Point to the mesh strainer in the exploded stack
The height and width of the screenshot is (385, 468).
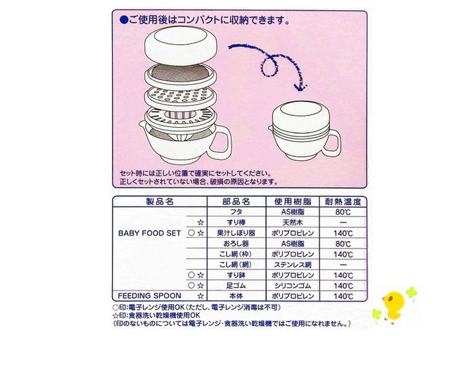point(180,76)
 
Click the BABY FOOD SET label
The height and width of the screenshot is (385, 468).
point(149,233)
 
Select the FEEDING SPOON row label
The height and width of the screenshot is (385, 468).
point(149,296)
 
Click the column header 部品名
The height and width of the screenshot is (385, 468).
point(236,202)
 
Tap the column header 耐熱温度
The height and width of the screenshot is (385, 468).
point(343,202)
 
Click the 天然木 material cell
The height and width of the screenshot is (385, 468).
point(292,223)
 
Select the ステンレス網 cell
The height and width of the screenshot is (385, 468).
point(292,265)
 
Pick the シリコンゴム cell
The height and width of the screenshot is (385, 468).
point(292,286)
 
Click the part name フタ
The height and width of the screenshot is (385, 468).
point(236,212)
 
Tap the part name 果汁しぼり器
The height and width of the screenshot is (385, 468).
point(236,233)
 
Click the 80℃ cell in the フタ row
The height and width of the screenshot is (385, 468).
point(343,213)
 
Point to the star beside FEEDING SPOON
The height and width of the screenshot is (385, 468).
point(201,296)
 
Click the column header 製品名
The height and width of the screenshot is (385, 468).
point(159,202)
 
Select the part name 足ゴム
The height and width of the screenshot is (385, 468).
point(236,286)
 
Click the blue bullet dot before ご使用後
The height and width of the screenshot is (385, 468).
point(124,20)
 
